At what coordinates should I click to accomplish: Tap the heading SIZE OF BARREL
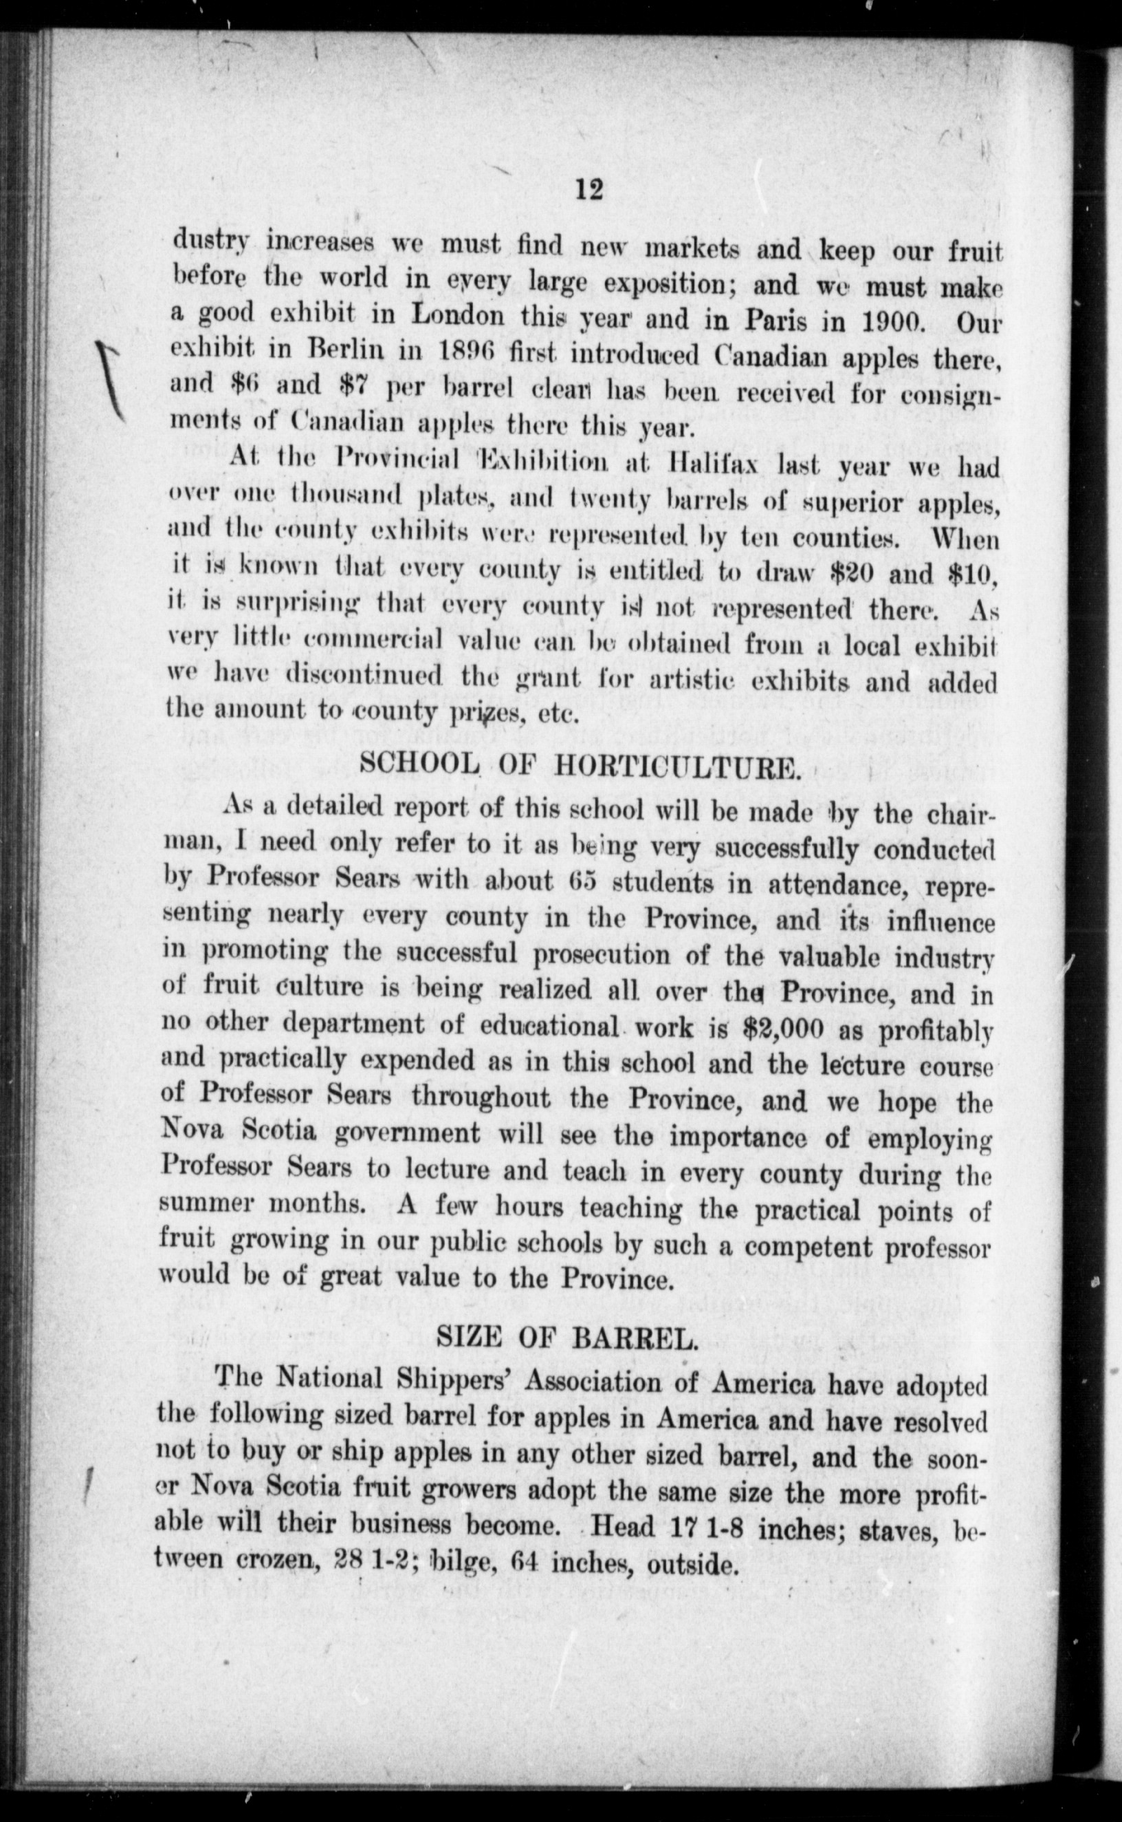pos(565,1337)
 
